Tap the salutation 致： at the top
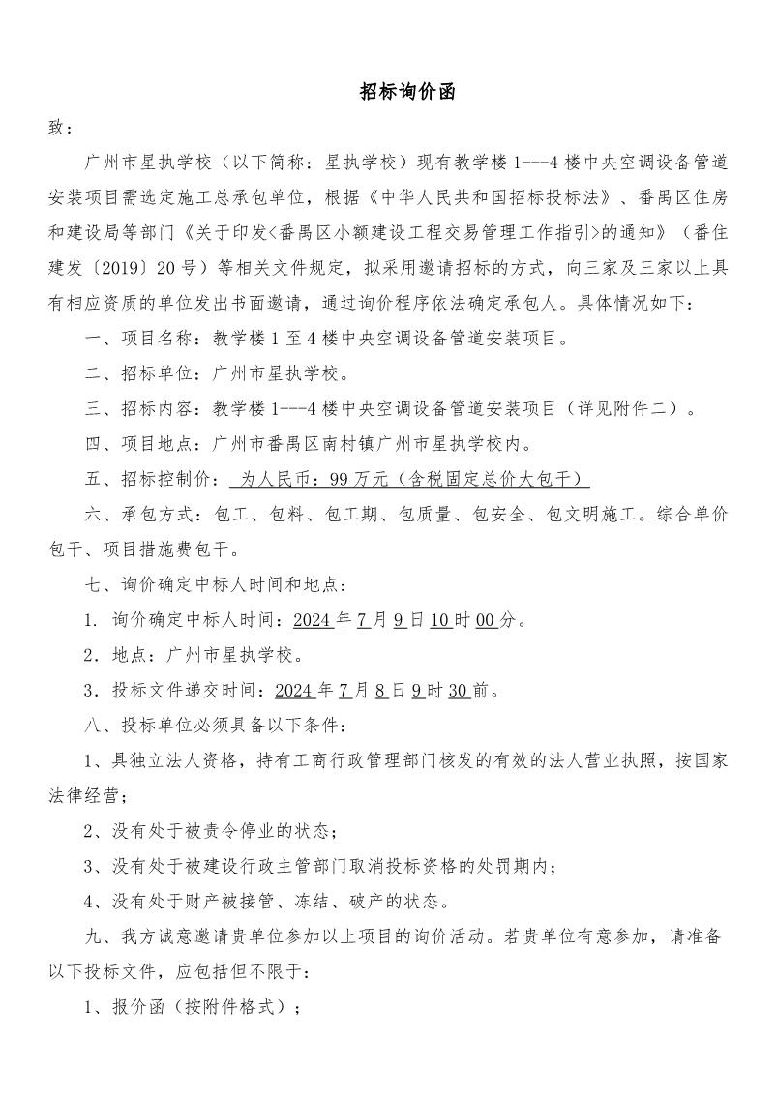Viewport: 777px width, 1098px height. [x=60, y=128]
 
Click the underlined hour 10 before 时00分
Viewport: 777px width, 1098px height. [x=440, y=620]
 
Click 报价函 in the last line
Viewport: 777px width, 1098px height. [x=141, y=1007]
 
